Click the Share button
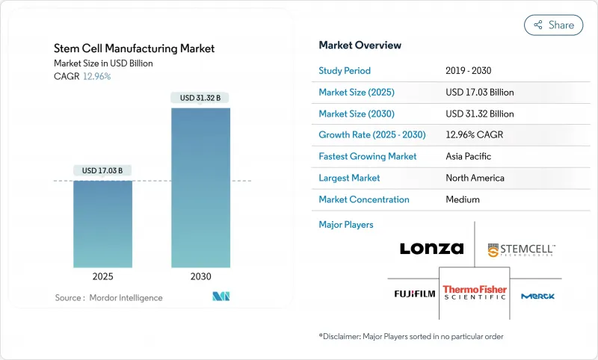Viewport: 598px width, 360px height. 553,25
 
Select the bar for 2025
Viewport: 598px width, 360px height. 103,223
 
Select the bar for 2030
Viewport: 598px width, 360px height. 200,187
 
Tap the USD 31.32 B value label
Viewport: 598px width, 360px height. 200,98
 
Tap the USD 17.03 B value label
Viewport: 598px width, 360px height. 103,171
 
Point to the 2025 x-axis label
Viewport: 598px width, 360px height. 103,276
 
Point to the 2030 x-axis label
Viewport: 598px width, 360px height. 200,276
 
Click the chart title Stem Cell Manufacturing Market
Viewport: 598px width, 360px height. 134,49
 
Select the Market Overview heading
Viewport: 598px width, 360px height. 360,45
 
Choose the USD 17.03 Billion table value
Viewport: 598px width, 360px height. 479,93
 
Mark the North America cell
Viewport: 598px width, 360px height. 475,178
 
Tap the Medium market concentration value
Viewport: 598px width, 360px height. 463,199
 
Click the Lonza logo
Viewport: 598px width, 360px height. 431,249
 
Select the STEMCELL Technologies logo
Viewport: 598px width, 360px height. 521,249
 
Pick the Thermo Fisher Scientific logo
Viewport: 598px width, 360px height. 475,293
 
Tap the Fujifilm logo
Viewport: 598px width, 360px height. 415,294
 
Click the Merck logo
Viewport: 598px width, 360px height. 537,296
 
